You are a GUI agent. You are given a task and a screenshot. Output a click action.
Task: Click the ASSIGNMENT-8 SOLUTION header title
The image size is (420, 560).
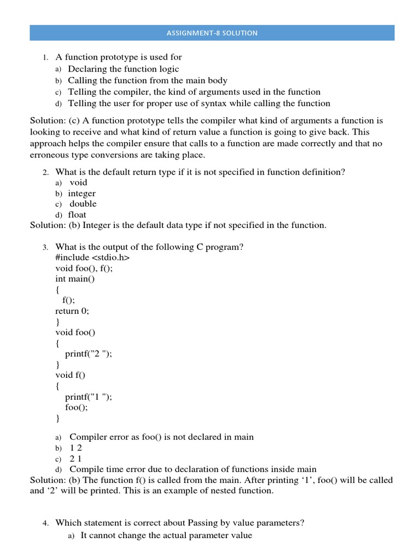click(212, 33)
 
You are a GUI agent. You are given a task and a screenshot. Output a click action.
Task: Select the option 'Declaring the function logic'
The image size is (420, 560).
click(123, 69)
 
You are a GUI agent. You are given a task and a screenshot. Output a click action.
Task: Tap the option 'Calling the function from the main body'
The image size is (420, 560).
click(147, 80)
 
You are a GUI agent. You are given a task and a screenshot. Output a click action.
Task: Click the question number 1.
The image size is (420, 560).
click(46, 57)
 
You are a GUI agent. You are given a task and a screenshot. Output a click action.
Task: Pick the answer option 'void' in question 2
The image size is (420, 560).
click(78, 183)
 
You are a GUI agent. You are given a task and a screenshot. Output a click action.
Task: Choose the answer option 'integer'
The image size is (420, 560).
click(81, 194)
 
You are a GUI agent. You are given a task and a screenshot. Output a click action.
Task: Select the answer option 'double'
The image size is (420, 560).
click(83, 204)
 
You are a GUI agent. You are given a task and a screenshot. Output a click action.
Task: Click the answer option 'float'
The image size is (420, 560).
click(77, 215)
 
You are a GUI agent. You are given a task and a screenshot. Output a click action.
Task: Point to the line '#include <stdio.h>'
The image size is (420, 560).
click(92, 258)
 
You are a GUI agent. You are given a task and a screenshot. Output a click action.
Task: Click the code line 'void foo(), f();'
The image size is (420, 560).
click(84, 268)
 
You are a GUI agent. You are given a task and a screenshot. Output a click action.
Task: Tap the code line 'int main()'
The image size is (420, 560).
click(75, 279)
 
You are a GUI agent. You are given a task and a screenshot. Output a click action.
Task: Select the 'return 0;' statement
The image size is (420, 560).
click(72, 311)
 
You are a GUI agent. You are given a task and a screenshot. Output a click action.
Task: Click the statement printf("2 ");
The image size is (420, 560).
click(88, 353)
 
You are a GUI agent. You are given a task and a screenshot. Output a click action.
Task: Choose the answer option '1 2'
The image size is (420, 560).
click(75, 448)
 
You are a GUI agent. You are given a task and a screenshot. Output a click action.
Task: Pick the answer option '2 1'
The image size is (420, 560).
click(75, 459)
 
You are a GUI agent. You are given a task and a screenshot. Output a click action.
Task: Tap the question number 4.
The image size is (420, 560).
click(46, 523)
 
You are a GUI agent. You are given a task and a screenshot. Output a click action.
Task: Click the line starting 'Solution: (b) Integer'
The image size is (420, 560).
click(178, 225)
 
